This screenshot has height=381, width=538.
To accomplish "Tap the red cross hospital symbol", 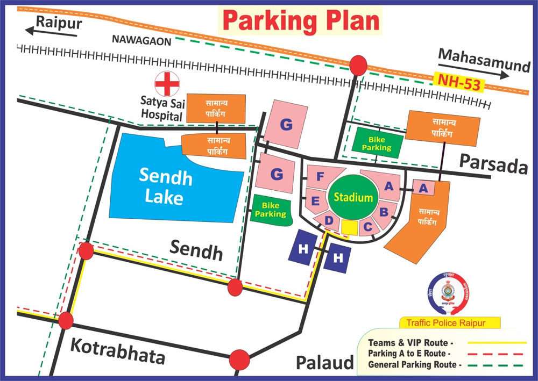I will click(x=167, y=84).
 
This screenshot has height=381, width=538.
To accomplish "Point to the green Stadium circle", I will click(x=353, y=197).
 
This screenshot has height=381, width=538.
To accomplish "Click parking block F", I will click(x=321, y=177).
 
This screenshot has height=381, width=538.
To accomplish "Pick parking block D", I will click(x=329, y=220).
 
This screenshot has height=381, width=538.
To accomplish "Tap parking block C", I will click(x=368, y=227).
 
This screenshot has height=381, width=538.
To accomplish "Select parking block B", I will click(x=384, y=211).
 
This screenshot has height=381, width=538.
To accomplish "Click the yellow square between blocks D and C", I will click(x=349, y=227).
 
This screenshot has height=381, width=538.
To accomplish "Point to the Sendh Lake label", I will click(x=164, y=186).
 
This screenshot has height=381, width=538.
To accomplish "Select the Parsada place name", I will click(x=494, y=166).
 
